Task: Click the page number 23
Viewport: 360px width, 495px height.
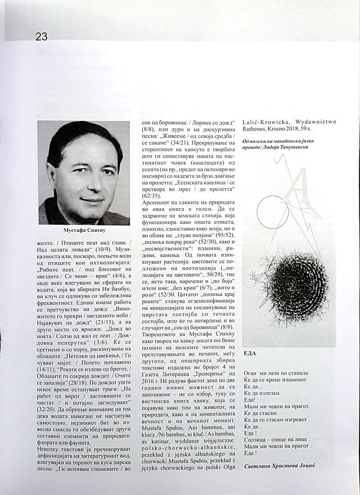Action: [x=41, y=37]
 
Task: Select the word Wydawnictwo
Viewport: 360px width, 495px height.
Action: [x=311, y=121]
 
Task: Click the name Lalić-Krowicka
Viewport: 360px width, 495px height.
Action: [x=264, y=121]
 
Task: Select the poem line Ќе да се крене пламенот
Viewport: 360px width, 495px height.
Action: [x=280, y=380]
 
